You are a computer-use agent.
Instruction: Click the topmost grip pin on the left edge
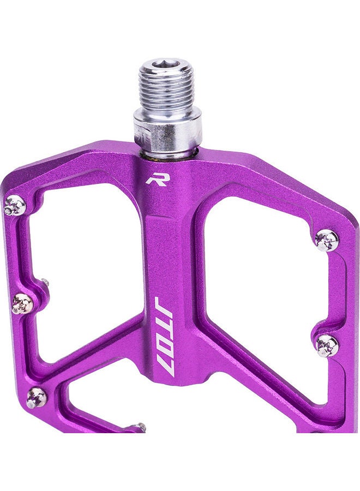pyautogui.click(x=15, y=205)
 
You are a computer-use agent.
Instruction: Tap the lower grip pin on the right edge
pyautogui.click(x=327, y=344)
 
